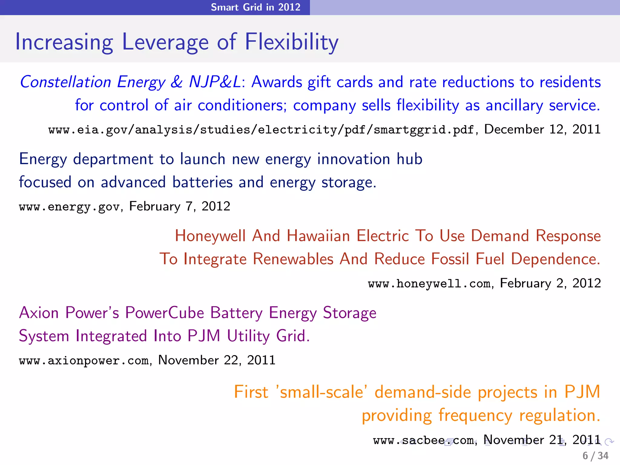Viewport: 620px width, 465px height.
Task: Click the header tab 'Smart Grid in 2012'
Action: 256,7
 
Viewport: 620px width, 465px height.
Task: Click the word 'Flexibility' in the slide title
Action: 291,42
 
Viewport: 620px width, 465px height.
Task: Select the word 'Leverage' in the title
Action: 165,42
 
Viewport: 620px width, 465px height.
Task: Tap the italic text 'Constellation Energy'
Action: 92,82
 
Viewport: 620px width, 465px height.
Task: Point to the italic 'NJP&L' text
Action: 215,82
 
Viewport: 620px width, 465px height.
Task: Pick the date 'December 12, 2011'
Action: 542,130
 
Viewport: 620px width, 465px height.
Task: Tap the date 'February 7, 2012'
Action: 180,206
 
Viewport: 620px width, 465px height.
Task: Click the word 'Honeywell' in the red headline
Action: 210,236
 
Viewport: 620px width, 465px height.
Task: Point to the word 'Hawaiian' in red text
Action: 318,236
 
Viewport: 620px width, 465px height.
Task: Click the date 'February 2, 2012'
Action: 550,283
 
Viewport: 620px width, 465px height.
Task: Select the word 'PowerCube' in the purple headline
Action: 164,313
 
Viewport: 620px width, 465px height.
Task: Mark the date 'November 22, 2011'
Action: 216,360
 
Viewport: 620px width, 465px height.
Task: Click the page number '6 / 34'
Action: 595,456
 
